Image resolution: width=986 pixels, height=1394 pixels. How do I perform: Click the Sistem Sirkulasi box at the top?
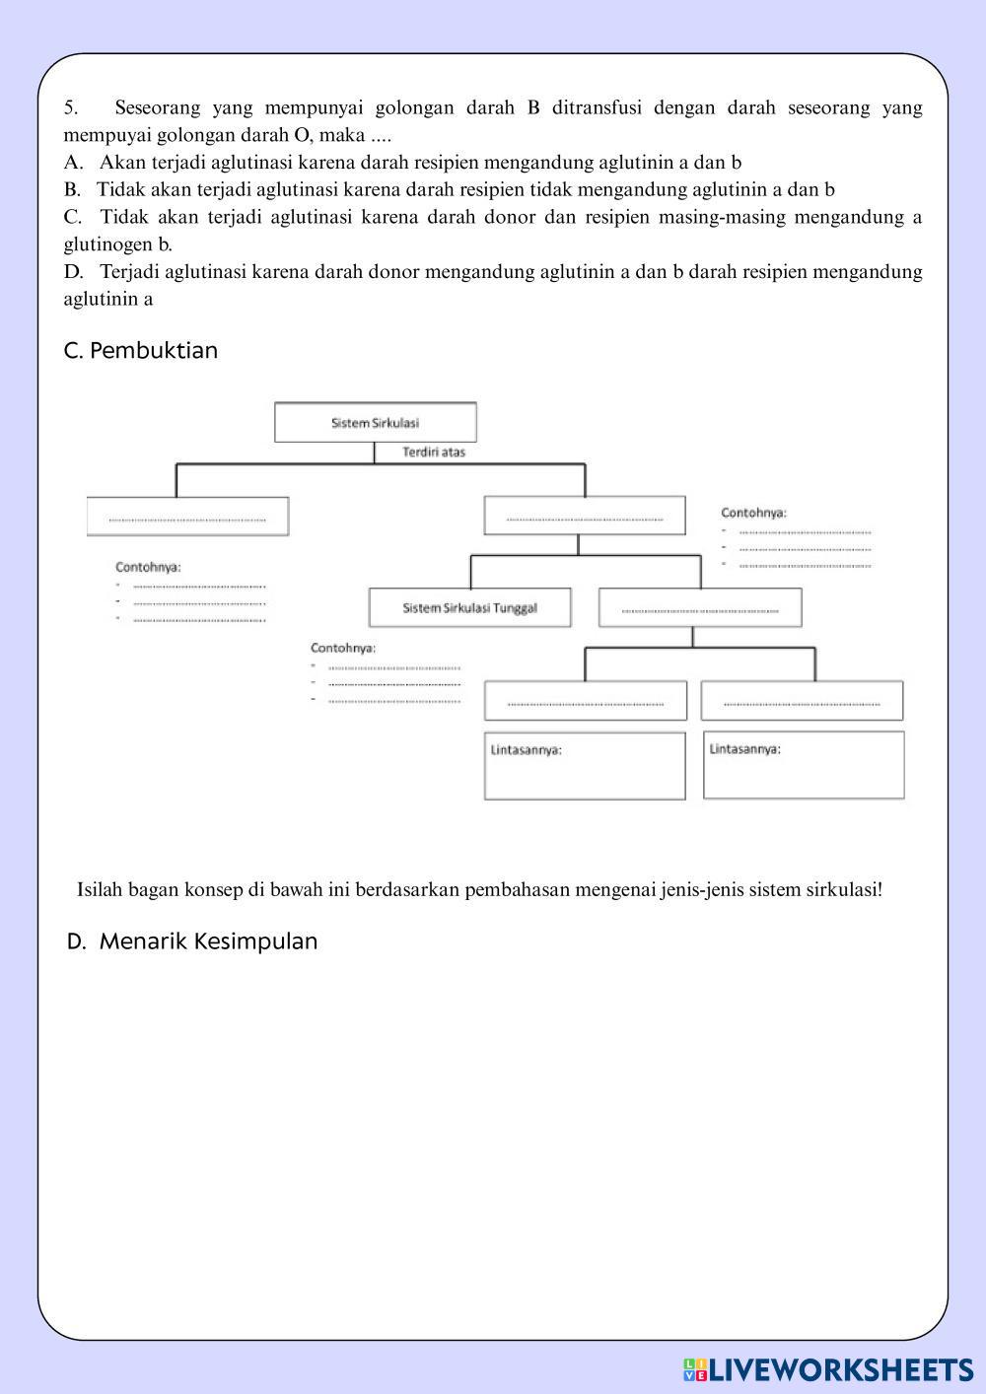(375, 422)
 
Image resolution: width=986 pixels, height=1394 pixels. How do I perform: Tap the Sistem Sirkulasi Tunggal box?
(469, 607)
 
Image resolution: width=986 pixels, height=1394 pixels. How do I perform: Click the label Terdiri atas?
(434, 453)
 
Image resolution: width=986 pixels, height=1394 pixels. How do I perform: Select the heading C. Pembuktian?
(140, 351)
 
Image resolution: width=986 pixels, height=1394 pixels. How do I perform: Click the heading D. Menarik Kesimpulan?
(192, 941)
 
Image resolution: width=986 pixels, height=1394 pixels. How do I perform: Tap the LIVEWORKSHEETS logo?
(828, 1369)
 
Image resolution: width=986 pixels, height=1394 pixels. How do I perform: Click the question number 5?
(70, 107)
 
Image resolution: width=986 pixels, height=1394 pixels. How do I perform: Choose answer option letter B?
(72, 189)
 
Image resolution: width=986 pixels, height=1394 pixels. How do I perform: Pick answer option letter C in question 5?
(72, 217)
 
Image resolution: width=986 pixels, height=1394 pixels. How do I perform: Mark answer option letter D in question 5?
(72, 272)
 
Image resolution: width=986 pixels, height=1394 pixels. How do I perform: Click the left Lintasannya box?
(585, 766)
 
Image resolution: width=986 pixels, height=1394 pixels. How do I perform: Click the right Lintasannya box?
(804, 765)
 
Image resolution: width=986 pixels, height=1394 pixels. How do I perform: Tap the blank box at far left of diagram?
(187, 517)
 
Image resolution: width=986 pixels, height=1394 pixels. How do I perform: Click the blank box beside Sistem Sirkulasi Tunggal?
(700, 607)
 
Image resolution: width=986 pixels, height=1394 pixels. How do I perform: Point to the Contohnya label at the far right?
(753, 513)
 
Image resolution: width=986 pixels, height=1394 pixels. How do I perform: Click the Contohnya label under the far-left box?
(148, 567)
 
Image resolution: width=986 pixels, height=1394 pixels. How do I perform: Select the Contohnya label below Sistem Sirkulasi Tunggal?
(343, 648)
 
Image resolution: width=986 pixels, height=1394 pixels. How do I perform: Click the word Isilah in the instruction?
(100, 890)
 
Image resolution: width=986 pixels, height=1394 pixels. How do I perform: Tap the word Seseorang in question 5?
(158, 107)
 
